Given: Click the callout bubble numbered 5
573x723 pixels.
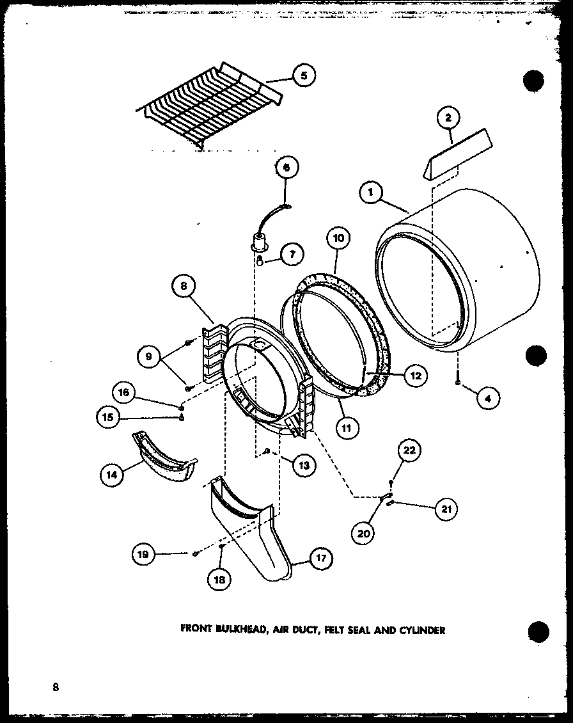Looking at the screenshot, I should click(304, 75).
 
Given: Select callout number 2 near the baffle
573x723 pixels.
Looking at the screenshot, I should click(448, 118).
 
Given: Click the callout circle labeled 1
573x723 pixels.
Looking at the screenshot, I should click(371, 191).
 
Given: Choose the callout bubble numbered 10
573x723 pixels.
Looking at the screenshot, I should click(338, 239).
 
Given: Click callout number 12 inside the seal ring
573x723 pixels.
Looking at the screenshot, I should click(415, 376).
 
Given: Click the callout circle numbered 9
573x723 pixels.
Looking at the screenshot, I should click(148, 356).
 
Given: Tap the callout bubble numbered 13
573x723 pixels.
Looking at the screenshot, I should click(302, 465).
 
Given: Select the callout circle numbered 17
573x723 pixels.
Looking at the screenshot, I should click(320, 558).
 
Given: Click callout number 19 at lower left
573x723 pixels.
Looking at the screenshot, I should click(143, 555).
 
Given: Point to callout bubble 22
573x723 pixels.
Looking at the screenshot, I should click(409, 450).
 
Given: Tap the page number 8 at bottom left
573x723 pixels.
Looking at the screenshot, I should click(56, 688).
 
